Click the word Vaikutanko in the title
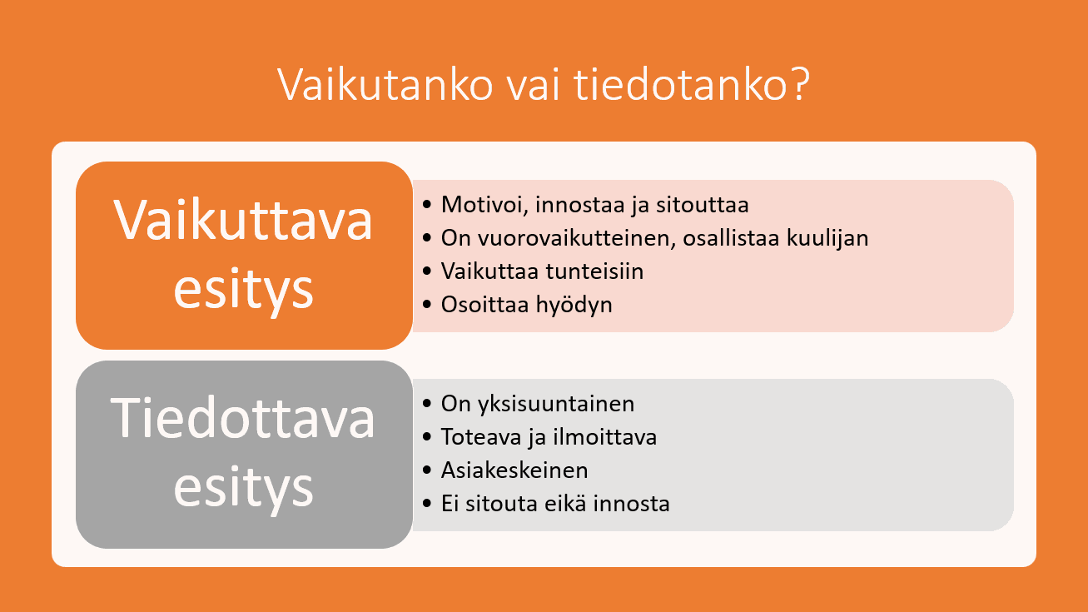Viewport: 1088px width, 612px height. [x=385, y=84]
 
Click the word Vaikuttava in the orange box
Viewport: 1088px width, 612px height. [x=243, y=220]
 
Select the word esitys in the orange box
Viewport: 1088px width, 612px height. [x=243, y=290]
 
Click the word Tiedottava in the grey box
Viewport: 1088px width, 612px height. [x=243, y=418]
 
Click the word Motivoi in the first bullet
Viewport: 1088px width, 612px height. [x=484, y=205]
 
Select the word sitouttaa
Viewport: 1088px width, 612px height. [x=703, y=205]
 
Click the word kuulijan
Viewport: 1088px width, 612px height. [x=827, y=238]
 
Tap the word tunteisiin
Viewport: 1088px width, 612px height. [x=594, y=271]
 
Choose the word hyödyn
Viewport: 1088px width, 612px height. [x=574, y=305]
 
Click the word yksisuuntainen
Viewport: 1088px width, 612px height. [x=556, y=404]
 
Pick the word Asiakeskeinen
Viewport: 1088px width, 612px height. [x=514, y=470]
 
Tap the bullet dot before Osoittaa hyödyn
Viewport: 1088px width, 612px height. [x=427, y=305]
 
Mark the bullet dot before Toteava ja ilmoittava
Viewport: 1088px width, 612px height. [x=427, y=436]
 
